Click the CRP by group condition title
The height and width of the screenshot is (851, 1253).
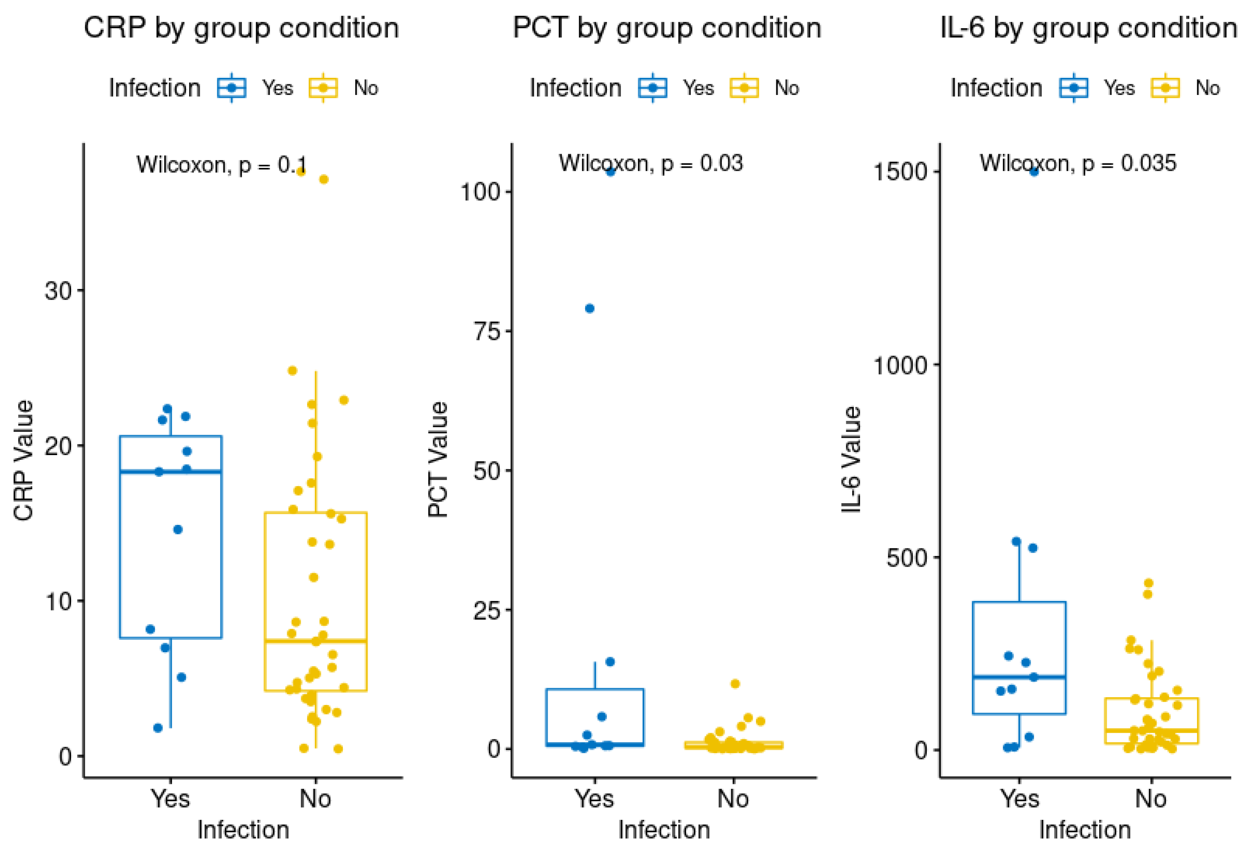click(x=241, y=28)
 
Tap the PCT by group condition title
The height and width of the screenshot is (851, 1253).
click(x=667, y=28)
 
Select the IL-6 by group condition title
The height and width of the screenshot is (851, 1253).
click(x=1088, y=28)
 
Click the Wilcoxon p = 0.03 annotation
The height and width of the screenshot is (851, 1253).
click(x=651, y=163)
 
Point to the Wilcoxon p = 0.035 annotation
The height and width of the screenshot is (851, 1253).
click(x=1078, y=163)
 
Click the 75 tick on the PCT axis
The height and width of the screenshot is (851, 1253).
click(x=487, y=330)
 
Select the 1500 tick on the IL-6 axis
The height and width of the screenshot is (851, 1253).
click(x=900, y=172)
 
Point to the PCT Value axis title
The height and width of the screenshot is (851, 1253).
click(x=438, y=460)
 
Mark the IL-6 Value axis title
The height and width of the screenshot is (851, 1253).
click(x=852, y=459)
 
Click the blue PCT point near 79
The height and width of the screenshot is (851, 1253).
click(x=590, y=308)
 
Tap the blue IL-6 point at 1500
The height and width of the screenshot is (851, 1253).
click(x=1034, y=172)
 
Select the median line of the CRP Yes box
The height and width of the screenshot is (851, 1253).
click(x=170, y=472)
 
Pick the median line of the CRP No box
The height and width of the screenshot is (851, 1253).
click(x=316, y=641)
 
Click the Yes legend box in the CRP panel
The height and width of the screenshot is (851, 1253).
click(x=232, y=88)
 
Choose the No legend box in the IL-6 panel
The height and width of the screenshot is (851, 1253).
click(x=1165, y=88)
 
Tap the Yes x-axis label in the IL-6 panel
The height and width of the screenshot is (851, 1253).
click(x=1020, y=798)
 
